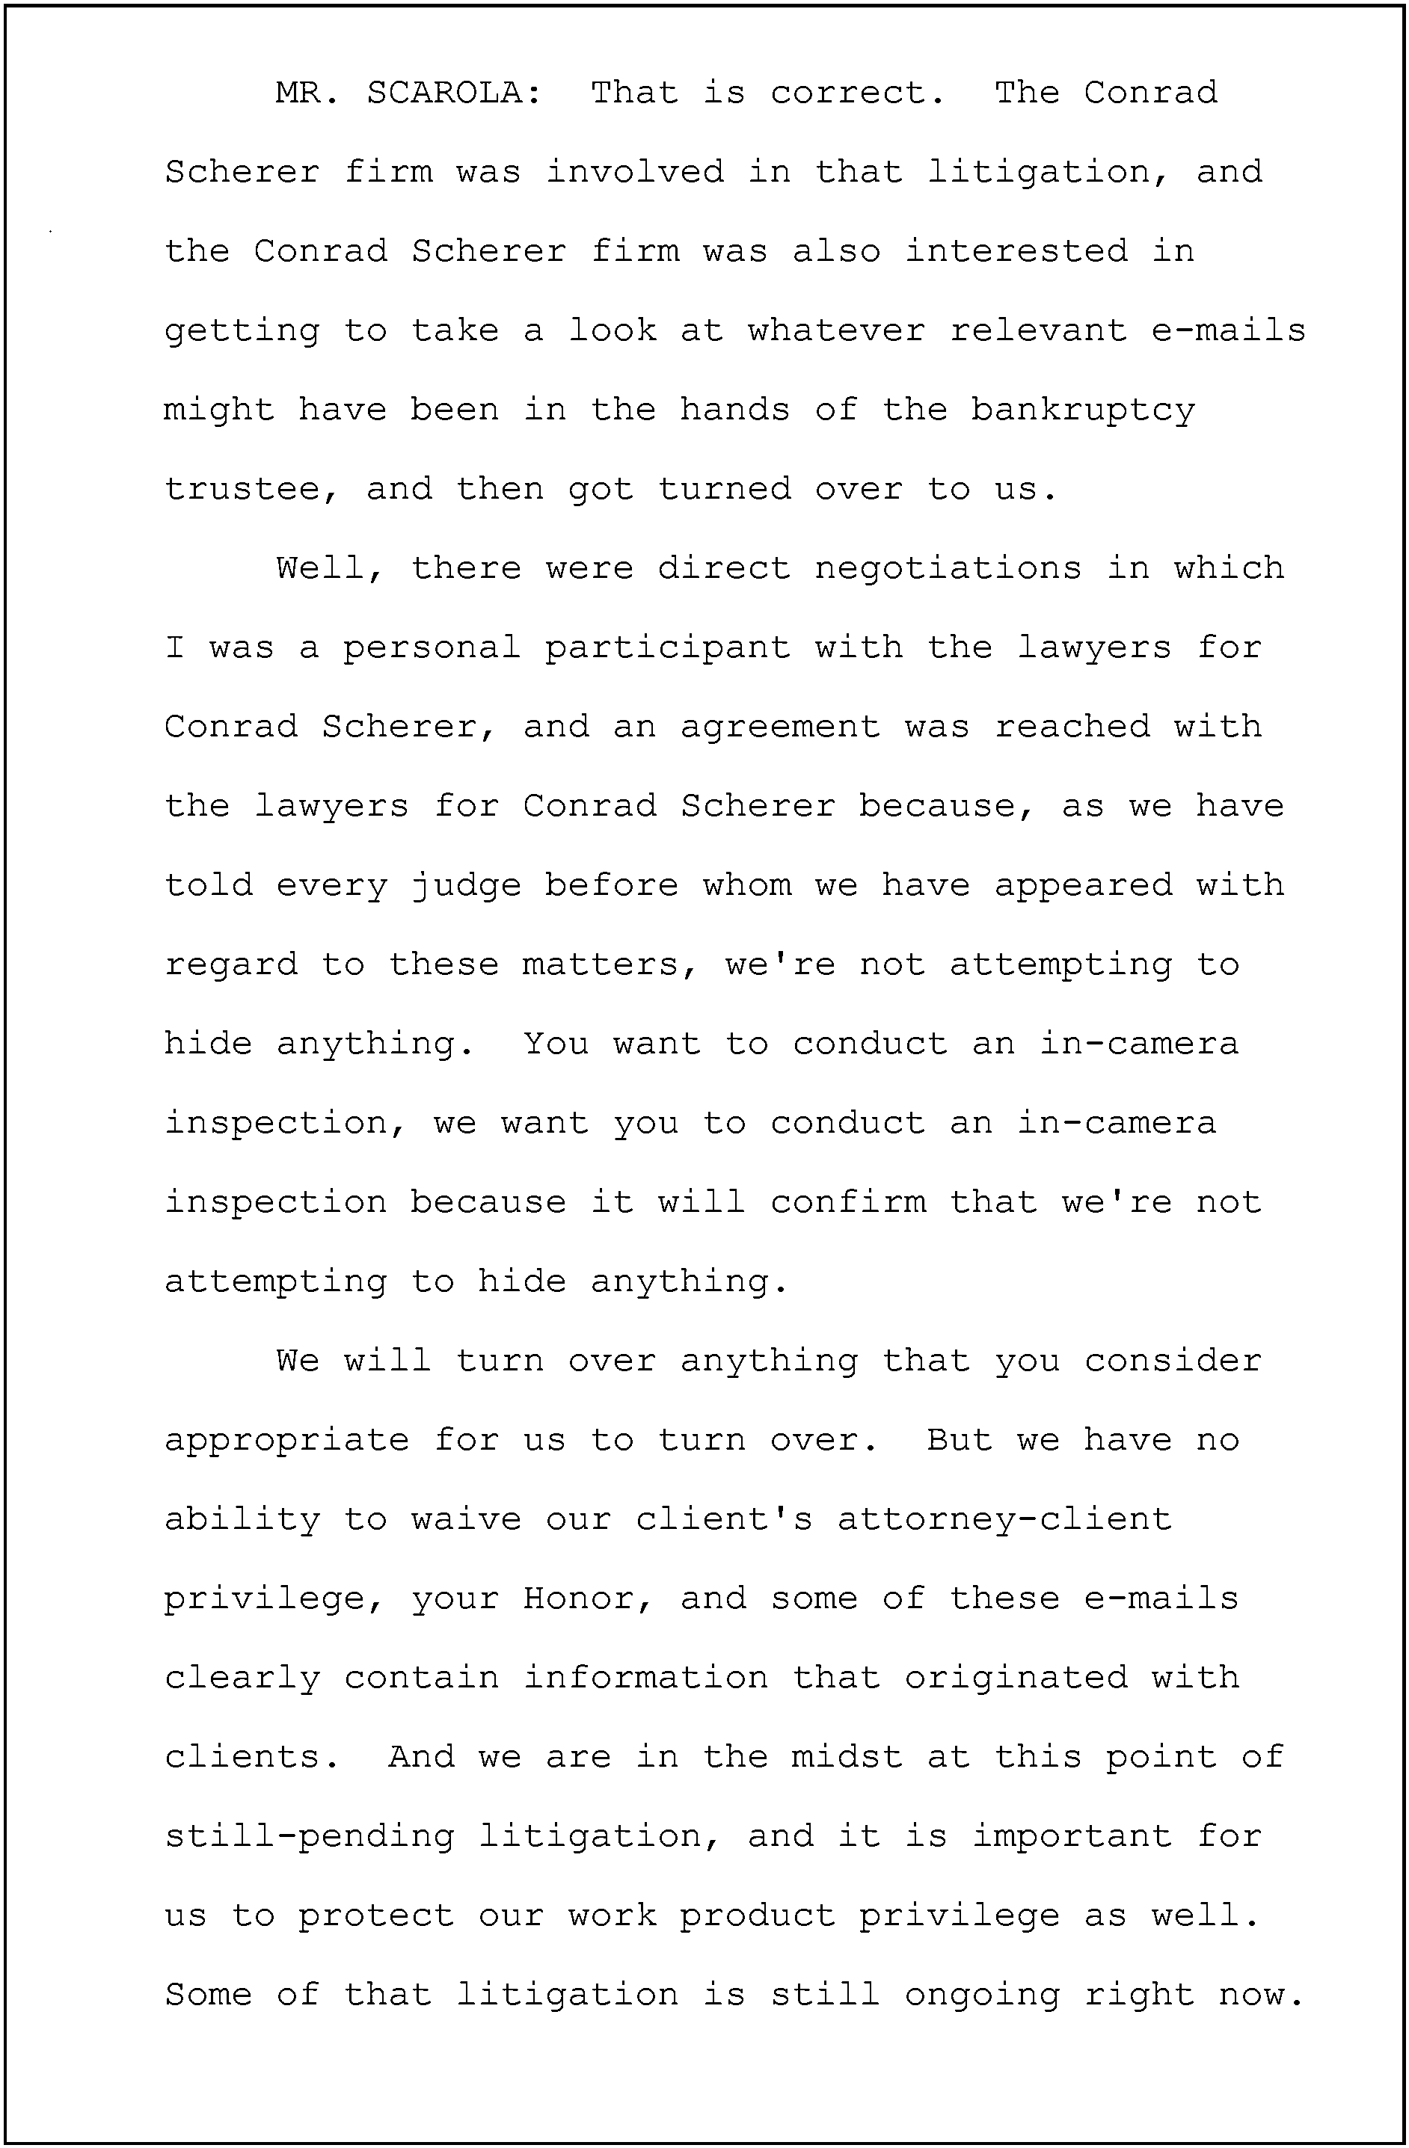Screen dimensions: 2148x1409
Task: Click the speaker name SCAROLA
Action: coord(454,93)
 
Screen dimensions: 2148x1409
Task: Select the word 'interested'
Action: coord(1016,251)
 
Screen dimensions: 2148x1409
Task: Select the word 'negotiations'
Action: coord(948,568)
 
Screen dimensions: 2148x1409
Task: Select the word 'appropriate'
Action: coord(286,1441)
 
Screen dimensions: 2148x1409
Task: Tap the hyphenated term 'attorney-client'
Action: coord(1004,1520)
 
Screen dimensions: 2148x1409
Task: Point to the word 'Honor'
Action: coord(589,1598)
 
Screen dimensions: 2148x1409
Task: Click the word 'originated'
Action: coord(1016,1678)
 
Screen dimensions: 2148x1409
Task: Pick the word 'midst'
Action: coord(847,1756)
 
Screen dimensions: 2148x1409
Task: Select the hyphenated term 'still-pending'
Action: coord(309,1837)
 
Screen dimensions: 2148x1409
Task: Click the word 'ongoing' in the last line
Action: coord(982,1995)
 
